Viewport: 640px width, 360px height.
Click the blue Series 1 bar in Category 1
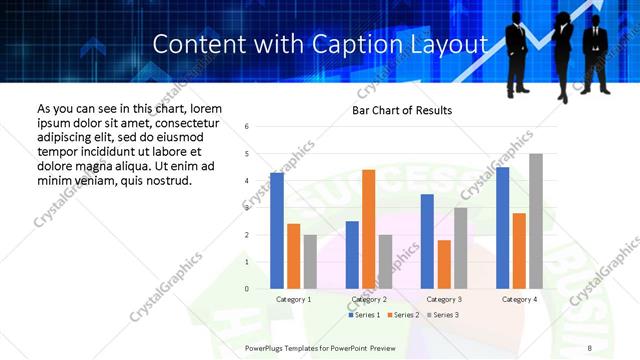click(x=277, y=231)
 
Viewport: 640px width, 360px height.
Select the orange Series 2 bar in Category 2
click(x=368, y=229)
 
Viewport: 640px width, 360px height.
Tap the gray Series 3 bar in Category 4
click(x=536, y=221)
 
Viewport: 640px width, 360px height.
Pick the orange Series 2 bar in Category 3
click(x=444, y=264)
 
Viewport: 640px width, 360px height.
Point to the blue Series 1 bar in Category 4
click(x=503, y=228)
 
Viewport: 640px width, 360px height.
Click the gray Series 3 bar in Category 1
click(x=310, y=262)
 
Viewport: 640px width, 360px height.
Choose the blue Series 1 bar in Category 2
click(x=352, y=255)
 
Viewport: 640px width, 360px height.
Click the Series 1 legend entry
click(x=366, y=315)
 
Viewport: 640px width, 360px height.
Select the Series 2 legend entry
click(x=403, y=315)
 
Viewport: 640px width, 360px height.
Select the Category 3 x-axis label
click(x=444, y=299)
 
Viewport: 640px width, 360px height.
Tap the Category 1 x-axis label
click(x=294, y=299)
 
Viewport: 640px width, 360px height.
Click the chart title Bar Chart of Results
click(x=402, y=110)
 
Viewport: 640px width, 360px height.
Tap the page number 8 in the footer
click(x=590, y=346)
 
